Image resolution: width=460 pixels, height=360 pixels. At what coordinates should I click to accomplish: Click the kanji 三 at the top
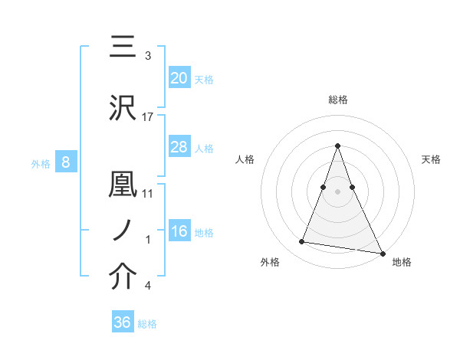[123, 47]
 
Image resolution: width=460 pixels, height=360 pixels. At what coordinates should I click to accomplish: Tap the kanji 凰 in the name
[123, 185]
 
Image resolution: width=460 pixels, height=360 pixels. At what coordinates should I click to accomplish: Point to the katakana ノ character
[123, 230]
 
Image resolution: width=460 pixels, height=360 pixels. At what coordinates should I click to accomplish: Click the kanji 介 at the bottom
[123, 277]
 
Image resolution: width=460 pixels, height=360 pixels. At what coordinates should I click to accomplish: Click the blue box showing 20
[179, 77]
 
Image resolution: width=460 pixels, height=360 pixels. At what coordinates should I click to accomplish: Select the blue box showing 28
[179, 147]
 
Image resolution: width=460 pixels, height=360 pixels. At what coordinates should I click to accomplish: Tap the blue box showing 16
[179, 232]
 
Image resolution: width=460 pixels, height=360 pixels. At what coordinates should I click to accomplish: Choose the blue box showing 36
[122, 322]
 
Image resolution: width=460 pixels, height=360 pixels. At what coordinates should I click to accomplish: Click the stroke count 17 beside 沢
[148, 117]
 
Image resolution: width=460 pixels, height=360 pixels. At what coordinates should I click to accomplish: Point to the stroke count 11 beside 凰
[148, 194]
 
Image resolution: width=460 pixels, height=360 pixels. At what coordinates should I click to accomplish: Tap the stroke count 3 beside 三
[148, 56]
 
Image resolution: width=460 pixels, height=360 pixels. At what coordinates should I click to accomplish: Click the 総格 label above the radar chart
[337, 100]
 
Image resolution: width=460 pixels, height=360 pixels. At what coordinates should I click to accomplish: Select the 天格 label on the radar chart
[431, 159]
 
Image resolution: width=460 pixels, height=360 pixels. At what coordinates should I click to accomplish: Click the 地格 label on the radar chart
[402, 263]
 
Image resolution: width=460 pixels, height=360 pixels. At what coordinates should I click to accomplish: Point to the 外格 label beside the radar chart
[269, 263]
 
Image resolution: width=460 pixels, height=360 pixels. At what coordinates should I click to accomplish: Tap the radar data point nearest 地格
[382, 252]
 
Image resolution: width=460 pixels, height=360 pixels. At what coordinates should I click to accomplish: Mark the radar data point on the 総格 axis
[337, 146]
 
